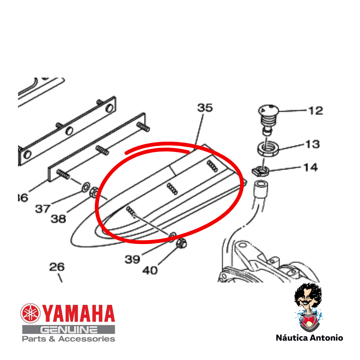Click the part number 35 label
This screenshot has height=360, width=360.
coord(205,108)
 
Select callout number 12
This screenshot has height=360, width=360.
coord(316,111)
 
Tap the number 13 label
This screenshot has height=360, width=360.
coord(312,144)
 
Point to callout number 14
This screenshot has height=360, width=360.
coord(310,167)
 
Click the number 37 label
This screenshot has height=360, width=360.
coord(42,209)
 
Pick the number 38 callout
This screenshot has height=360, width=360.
coord(58,219)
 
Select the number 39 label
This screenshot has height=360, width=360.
coord(132,259)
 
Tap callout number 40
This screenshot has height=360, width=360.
coord(150,270)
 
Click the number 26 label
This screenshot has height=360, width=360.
coord(57,267)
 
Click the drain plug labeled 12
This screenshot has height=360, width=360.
coord(268,119)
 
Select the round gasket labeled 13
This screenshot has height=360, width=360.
coord(268,149)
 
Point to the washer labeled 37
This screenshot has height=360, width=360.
coord(86,187)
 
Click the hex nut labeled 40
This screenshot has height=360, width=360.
coord(181,243)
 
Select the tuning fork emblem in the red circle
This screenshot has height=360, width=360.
coord(30,313)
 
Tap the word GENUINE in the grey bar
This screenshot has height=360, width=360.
coord(69,330)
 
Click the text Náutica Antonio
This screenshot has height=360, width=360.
coord(309,338)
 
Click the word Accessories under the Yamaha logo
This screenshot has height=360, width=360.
coord(87,339)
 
